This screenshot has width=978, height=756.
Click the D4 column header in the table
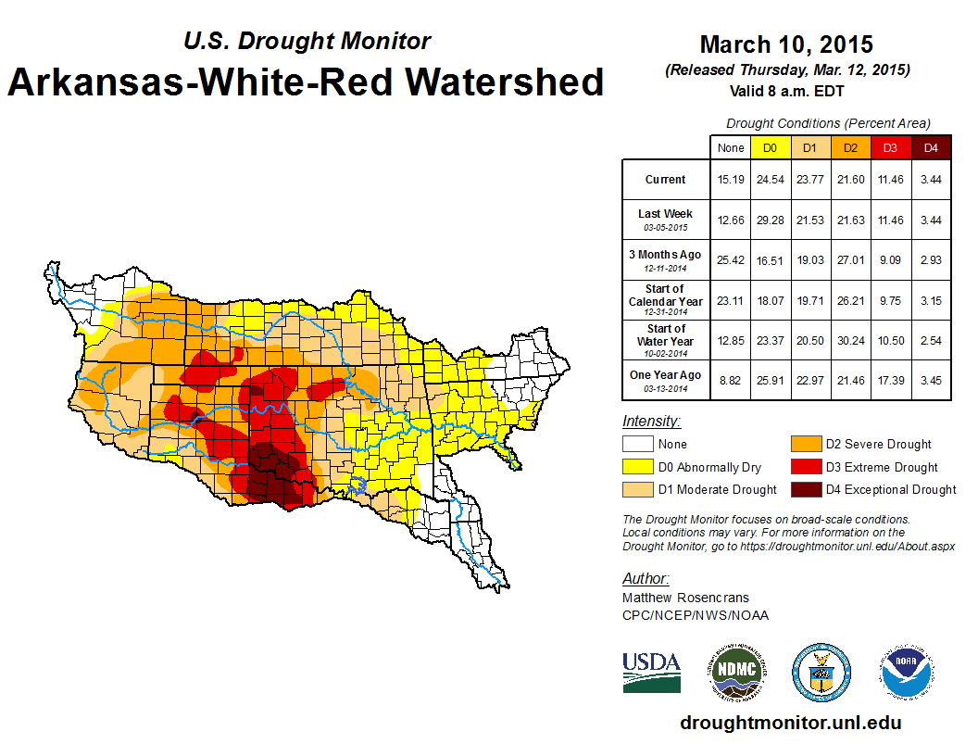(931, 147)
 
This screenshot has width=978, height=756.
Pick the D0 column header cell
(770, 147)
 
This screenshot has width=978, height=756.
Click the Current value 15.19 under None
(730, 180)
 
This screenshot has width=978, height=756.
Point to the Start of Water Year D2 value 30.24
(849, 340)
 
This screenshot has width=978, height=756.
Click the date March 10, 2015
(786, 44)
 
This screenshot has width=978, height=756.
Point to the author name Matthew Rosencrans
(685, 598)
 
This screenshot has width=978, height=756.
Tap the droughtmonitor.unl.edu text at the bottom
(790, 723)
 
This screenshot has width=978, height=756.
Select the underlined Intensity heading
(651, 421)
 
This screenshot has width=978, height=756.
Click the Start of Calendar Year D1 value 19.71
(809, 300)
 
